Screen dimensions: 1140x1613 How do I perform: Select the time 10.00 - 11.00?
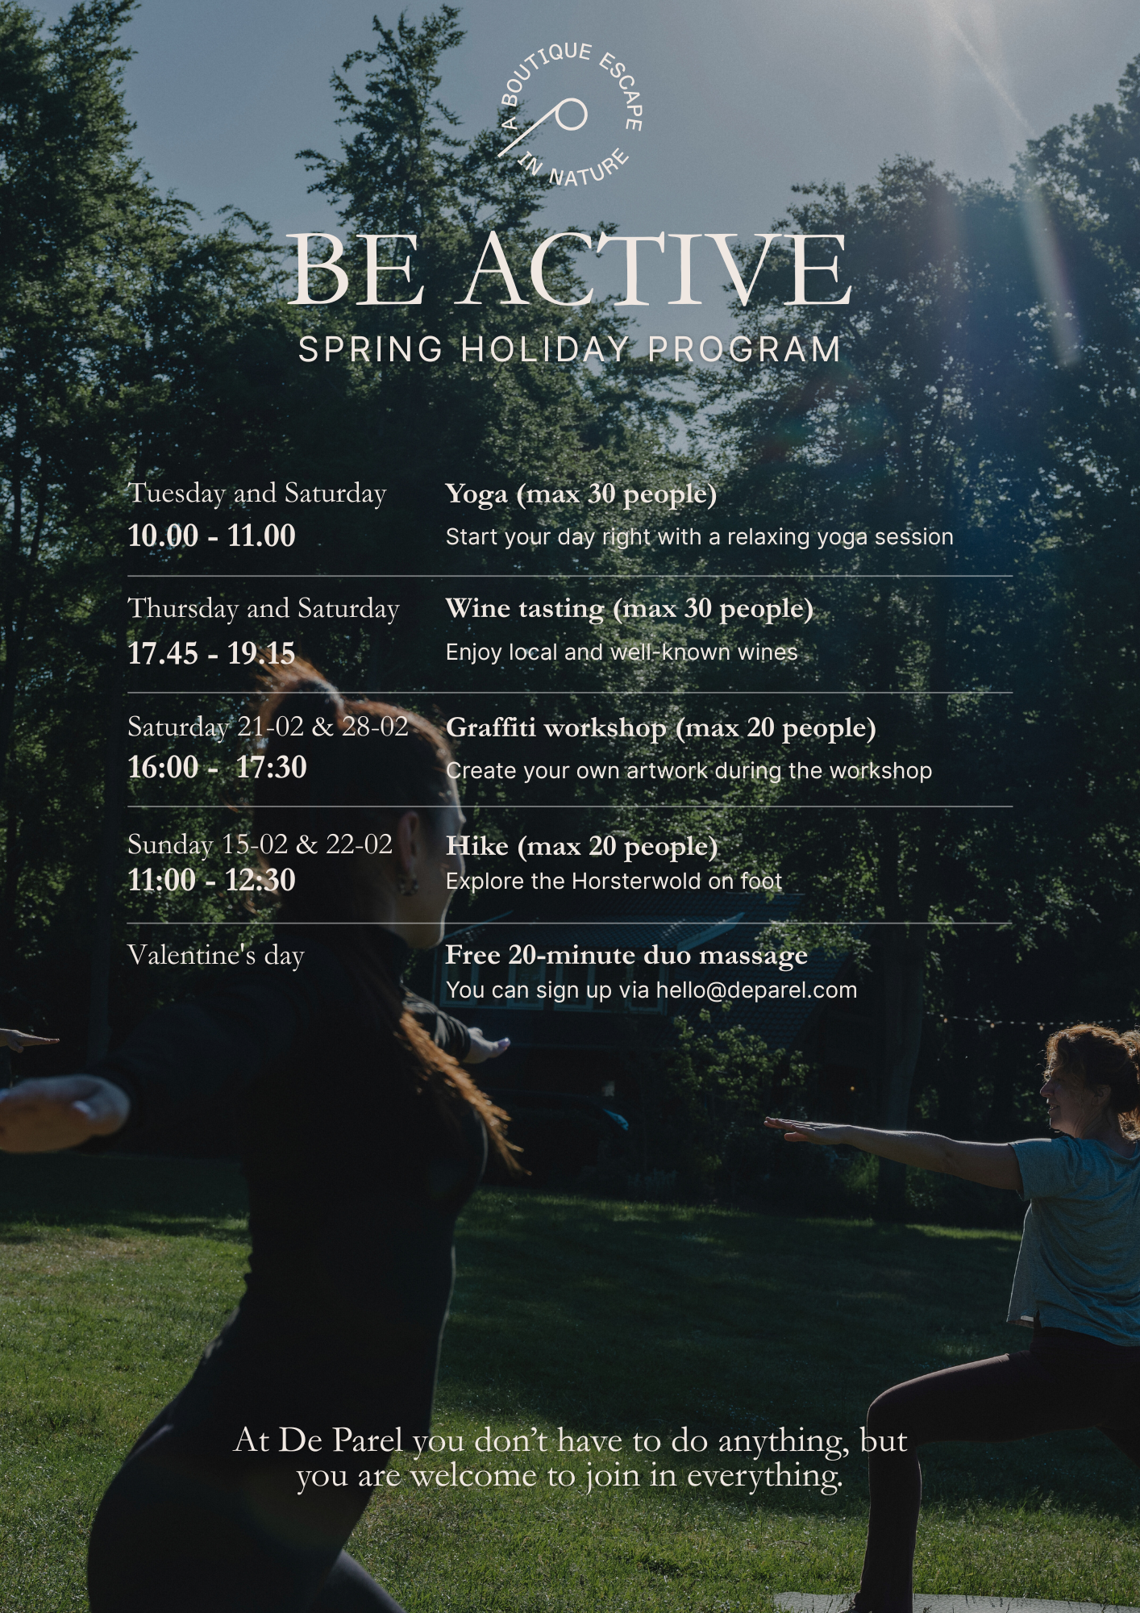point(212,536)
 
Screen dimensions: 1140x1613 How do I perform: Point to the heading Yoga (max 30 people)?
point(580,494)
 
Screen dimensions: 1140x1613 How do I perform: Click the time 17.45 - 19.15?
point(212,652)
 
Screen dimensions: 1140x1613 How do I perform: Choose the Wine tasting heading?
point(629,608)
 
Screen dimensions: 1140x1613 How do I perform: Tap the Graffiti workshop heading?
point(660,727)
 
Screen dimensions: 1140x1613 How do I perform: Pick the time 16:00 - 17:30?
point(218,766)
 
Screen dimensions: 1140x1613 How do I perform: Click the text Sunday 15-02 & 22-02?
point(260,844)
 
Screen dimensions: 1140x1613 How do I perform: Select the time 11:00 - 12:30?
point(212,879)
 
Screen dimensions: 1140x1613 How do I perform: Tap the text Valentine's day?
point(216,956)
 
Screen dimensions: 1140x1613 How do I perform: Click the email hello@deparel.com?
point(756,990)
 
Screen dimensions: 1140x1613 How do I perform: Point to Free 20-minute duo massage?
point(626,955)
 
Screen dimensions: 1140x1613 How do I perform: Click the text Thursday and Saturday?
point(264,608)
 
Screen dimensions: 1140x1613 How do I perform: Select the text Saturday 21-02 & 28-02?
point(268,727)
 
